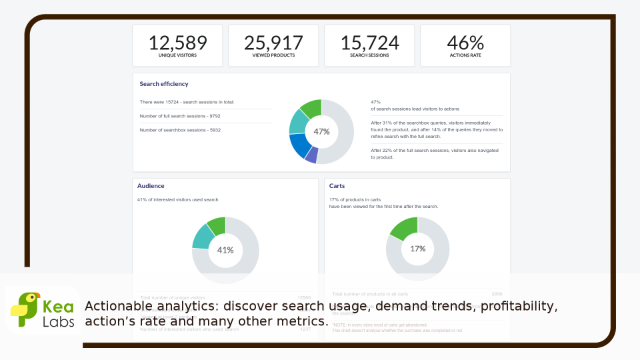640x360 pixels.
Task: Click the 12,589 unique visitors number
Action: (177, 43)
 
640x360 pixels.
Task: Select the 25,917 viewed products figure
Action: (273, 43)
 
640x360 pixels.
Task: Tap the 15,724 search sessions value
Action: (369, 43)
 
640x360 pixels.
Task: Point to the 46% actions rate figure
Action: (465, 43)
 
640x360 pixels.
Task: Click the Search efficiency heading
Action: (164, 84)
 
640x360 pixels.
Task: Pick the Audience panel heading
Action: (151, 186)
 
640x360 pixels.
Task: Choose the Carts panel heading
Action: (337, 186)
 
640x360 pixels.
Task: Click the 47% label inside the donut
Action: (321, 131)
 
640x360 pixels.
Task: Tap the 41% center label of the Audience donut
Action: (225, 250)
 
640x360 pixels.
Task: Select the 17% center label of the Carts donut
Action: (417, 249)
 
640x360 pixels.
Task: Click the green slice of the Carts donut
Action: (404, 227)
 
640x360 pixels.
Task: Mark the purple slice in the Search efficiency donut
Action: (311, 155)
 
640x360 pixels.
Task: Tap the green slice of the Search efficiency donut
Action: (311, 108)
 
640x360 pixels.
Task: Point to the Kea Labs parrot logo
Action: (25, 310)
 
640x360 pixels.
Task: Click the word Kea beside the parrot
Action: (57, 307)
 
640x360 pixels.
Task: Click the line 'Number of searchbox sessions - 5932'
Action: (180, 130)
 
